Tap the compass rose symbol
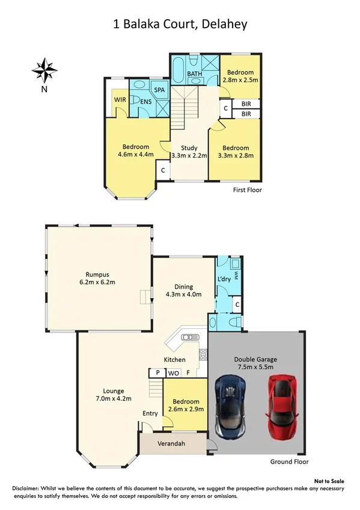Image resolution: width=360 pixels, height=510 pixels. pyautogui.click(x=44, y=70)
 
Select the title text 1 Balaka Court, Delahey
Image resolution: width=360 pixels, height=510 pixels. pyautogui.click(x=180, y=25)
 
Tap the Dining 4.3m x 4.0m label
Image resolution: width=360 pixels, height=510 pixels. pyautogui.click(x=183, y=290)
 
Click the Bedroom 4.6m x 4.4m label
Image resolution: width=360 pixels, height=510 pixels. pyautogui.click(x=135, y=150)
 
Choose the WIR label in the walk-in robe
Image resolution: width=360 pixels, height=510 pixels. pyautogui.click(x=118, y=99)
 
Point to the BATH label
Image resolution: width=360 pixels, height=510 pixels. pyautogui.click(x=194, y=74)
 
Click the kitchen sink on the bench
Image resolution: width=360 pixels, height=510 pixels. pyautogui.click(x=189, y=337)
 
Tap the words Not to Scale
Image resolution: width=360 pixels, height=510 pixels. pyautogui.click(x=330, y=482)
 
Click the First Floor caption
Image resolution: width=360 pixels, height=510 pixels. pyautogui.click(x=247, y=189)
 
